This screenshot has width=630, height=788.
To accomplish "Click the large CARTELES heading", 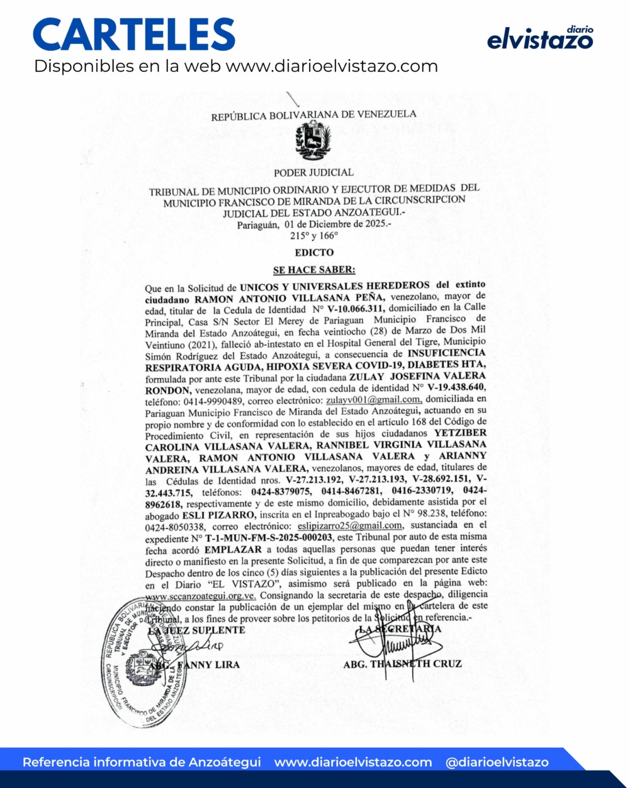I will pyautogui.click(x=134, y=35).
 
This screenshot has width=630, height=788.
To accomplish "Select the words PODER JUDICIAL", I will pyautogui.click(x=313, y=172).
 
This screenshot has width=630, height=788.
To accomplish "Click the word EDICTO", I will pyautogui.click(x=314, y=253).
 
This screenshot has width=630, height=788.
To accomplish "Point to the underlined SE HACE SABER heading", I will pyautogui.click(x=314, y=270).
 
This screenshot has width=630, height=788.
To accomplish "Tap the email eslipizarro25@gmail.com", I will pyautogui.click(x=350, y=525).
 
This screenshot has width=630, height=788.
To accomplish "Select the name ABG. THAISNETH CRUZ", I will pyautogui.click(x=403, y=664).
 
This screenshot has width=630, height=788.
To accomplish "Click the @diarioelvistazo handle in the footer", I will pyautogui.click(x=497, y=762).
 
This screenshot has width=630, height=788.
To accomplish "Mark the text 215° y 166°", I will pyautogui.click(x=313, y=235).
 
